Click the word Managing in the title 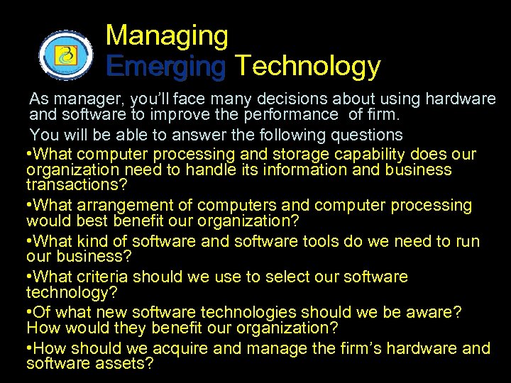coord(167,35)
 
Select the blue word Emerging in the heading coord(165,67)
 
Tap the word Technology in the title coord(307,67)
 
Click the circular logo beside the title coord(65,55)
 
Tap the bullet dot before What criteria coord(29,277)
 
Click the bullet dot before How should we coord(29,348)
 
